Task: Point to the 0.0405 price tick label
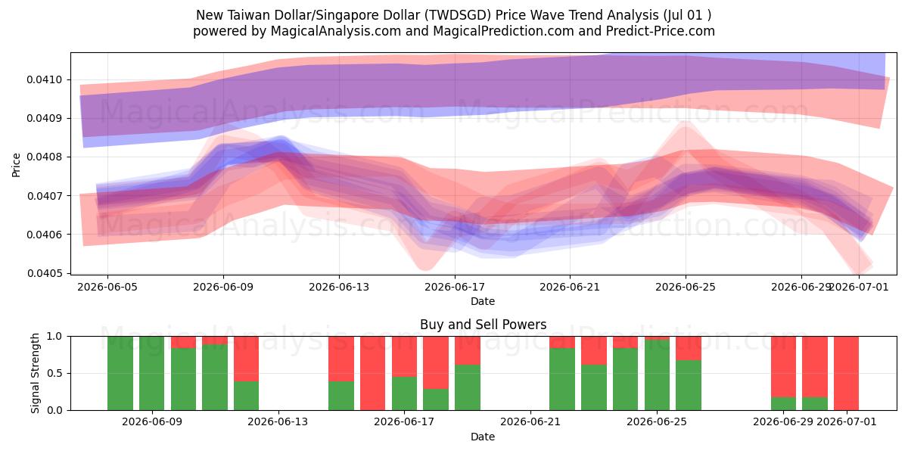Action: click(x=45, y=273)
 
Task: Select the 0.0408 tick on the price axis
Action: click(x=45, y=157)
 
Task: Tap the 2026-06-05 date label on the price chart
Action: click(x=107, y=287)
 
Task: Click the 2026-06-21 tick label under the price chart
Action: click(x=570, y=287)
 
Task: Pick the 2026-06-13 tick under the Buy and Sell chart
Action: click(x=278, y=422)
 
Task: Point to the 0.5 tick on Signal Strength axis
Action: click(x=54, y=373)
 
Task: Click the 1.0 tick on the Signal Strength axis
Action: click(x=54, y=337)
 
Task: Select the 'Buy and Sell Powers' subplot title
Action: click(x=484, y=325)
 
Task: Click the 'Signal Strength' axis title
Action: click(x=36, y=373)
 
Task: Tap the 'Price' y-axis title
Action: click(x=16, y=165)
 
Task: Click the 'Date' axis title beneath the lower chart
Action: click(x=483, y=437)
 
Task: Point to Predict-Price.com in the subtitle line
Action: click(x=661, y=31)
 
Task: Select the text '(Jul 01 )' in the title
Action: click(x=688, y=15)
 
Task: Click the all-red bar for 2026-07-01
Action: click(x=847, y=373)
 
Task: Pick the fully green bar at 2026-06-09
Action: click(x=151, y=373)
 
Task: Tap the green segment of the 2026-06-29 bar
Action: click(x=783, y=404)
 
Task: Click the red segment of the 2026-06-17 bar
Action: click(x=404, y=356)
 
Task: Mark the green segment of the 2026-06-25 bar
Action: click(x=657, y=375)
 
